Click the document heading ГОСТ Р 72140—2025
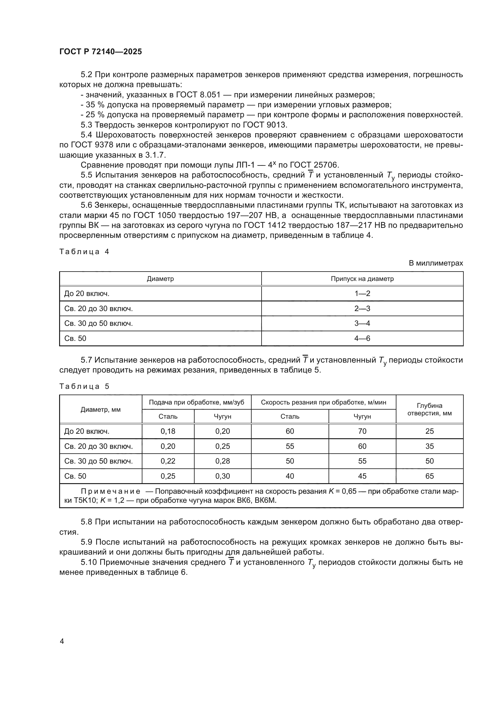pyautogui.click(x=100, y=52)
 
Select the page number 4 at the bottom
pyautogui.click(x=62, y=641)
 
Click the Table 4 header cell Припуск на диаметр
pyautogui.click(x=362, y=279)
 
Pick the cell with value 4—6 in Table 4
pyautogui.click(x=362, y=338)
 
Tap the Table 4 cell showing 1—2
pyautogui.click(x=362, y=294)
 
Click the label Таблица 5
pyautogui.click(x=84, y=386)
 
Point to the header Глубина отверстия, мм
pyautogui.click(x=429, y=409)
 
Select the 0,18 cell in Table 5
pyautogui.click(x=168, y=431)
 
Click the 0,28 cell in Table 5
pyautogui.click(x=222, y=461)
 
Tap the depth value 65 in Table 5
pyautogui.click(x=429, y=476)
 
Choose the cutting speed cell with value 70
pyautogui.click(x=362, y=431)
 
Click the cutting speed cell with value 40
pyautogui.click(x=290, y=476)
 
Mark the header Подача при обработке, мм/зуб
pyautogui.click(x=196, y=402)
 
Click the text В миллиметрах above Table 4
pyautogui.click(x=435, y=263)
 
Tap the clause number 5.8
pyautogui.click(x=87, y=522)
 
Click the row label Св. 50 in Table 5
pyautogui.click(x=75, y=476)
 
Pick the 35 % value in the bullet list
pyautogui.click(x=95, y=105)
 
